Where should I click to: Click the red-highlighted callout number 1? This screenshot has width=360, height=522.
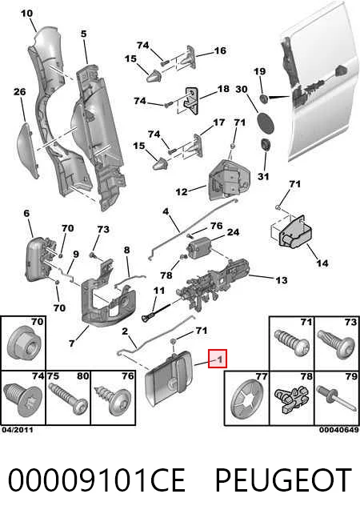coord(219,359)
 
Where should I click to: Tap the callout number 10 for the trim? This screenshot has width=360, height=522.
coord(26,14)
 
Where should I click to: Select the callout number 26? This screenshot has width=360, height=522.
coord(20,91)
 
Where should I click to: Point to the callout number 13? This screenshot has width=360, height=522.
coord(282,280)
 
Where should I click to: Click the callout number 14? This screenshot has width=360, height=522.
coord(322,263)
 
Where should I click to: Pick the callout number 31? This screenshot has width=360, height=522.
coord(263,176)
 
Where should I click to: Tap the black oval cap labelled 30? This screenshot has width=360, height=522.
coord(266,122)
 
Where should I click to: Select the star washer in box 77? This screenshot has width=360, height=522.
coord(244,400)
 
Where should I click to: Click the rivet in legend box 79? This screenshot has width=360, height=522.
coord(335,399)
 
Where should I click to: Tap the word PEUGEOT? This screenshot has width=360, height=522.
coord(283,480)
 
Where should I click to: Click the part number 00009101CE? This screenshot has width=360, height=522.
coord(96,480)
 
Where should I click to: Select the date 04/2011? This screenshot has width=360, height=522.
coord(18,430)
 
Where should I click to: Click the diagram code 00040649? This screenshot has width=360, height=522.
coord(339,430)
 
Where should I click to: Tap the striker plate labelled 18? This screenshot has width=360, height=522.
coord(190,100)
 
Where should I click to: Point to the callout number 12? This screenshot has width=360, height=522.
coord(182,192)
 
